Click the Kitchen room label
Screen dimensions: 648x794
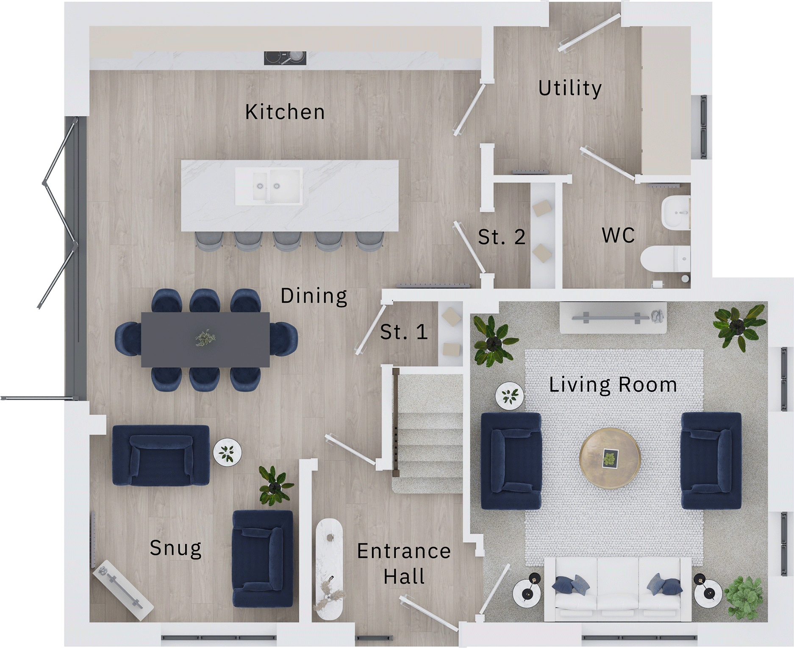[x=285, y=112]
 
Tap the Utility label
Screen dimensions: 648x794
[x=570, y=88]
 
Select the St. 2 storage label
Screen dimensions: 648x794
[x=502, y=237]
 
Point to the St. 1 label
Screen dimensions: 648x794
[x=404, y=332]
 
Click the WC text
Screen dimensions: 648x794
[x=618, y=235]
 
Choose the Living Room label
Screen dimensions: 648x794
[x=613, y=385]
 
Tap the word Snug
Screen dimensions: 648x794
[x=175, y=548]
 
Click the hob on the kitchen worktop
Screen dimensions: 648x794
[x=285, y=58]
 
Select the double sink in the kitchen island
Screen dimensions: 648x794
[x=269, y=186]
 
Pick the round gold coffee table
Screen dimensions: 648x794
[x=610, y=458]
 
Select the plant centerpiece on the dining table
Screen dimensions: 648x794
[x=205, y=338]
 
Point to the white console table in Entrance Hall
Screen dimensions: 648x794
[x=329, y=569]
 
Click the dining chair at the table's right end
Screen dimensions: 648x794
[x=285, y=339]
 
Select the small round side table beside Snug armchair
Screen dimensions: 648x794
[x=227, y=452]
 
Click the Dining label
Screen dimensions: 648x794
[x=314, y=296]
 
